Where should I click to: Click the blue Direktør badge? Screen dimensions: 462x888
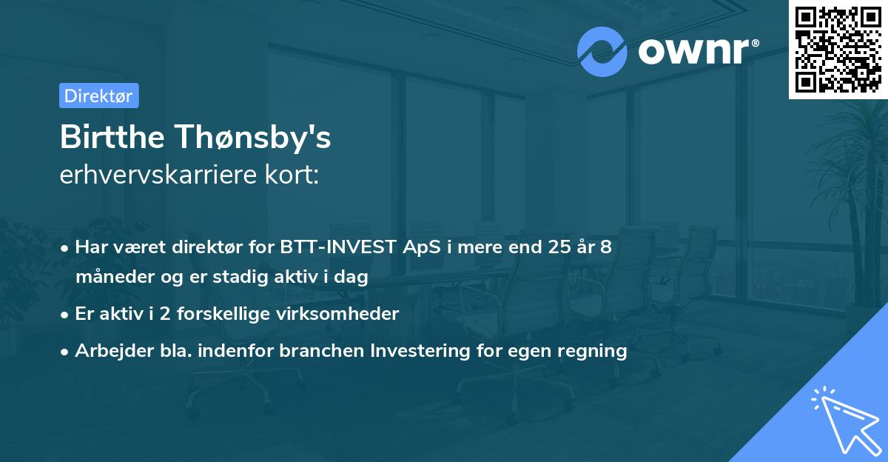98,96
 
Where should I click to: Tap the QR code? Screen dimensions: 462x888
838,50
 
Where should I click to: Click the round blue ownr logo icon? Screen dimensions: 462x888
602,50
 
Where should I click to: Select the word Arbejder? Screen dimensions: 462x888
107,350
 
